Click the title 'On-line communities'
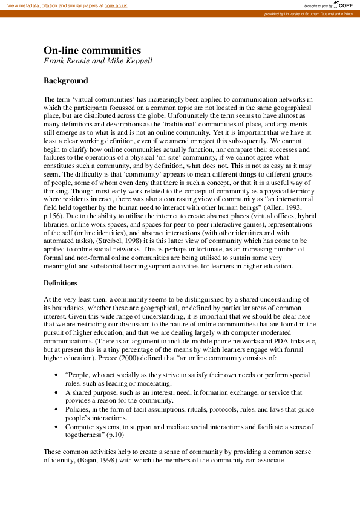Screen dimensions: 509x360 click(92, 50)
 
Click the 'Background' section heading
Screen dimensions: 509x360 click(65, 80)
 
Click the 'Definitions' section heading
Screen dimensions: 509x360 click(64, 283)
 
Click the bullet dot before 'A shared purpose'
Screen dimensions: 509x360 click(56, 392)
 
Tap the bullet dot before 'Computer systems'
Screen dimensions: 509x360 click(56, 427)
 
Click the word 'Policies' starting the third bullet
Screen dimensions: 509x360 click(77, 409)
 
